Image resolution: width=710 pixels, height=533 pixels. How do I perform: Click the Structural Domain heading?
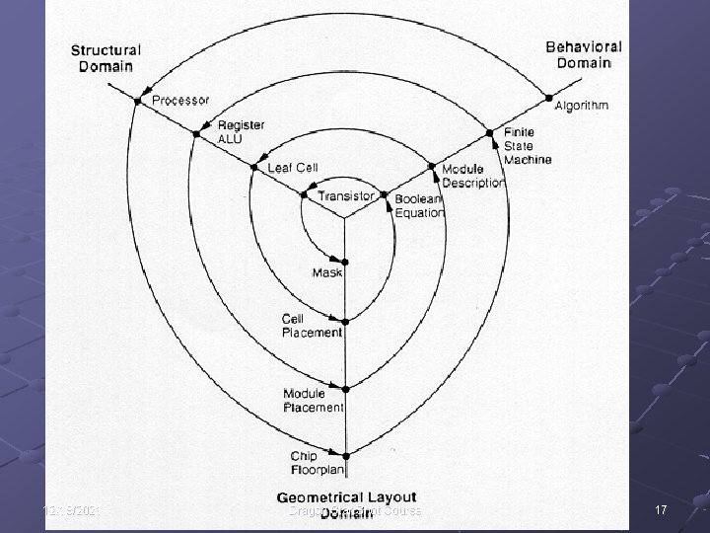click(106, 57)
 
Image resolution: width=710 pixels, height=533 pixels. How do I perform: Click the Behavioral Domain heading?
click(584, 54)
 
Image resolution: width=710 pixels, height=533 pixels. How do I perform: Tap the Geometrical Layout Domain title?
click(346, 504)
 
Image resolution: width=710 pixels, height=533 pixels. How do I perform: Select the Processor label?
click(180, 100)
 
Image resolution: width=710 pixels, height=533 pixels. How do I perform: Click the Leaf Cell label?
click(293, 168)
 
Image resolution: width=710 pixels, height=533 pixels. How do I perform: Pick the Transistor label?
click(346, 196)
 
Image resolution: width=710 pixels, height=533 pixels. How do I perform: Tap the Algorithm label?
click(582, 105)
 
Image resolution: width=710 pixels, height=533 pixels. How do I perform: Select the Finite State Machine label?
click(528, 145)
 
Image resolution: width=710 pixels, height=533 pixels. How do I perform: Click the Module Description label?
click(473, 176)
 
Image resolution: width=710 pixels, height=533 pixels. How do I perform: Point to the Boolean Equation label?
click(420, 205)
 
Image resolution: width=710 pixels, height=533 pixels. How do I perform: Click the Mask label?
click(326, 272)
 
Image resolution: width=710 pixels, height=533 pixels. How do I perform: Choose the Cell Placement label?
click(312, 326)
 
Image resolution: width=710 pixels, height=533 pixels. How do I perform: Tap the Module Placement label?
click(313, 400)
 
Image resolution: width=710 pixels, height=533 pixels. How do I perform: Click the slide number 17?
click(660, 510)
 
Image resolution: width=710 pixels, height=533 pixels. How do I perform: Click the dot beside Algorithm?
click(547, 98)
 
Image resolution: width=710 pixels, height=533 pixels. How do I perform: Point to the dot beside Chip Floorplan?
click(346, 455)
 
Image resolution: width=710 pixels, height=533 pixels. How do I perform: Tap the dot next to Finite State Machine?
click(488, 132)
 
